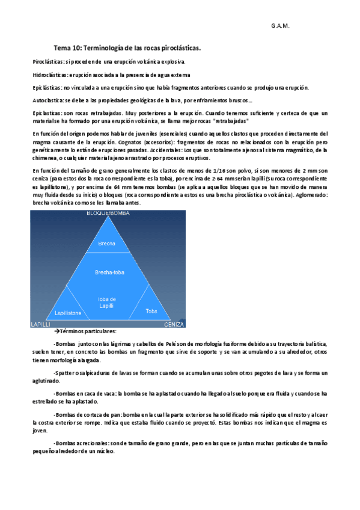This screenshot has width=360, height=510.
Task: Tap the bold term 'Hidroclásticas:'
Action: tap(50, 75)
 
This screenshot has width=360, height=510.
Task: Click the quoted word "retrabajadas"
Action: tap(227, 120)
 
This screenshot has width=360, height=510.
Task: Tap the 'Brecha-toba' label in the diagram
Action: tap(108, 272)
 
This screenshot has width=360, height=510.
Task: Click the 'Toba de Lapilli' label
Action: tap(106, 303)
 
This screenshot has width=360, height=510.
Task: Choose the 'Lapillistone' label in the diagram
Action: tap(67, 313)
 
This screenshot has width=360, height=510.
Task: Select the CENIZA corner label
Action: tap(174, 324)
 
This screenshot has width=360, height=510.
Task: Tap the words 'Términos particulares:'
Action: tap(88, 331)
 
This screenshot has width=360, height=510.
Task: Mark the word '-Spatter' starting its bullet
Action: tap(63, 373)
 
